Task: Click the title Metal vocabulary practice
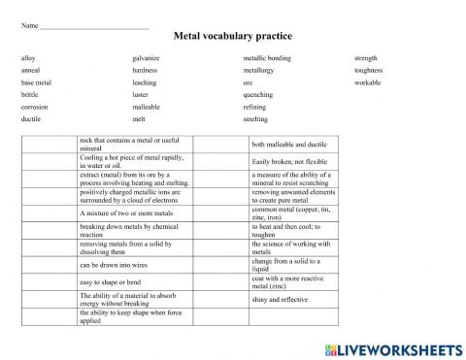[x=233, y=36]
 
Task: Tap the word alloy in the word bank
[x=28, y=58]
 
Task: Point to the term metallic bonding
[x=267, y=58]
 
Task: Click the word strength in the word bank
[x=366, y=58]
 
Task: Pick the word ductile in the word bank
[x=31, y=119]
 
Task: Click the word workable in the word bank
[x=368, y=82]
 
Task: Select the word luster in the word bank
[x=142, y=95]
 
